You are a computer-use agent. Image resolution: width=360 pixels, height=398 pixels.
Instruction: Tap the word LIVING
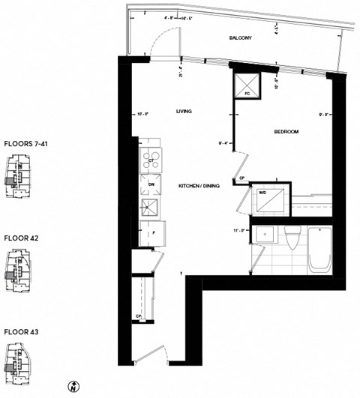(184, 111)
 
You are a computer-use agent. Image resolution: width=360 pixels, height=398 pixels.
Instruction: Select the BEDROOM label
(286, 132)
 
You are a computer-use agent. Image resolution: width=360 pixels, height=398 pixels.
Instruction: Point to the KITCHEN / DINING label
(198, 185)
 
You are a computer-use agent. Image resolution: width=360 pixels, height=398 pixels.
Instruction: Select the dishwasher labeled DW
(151, 184)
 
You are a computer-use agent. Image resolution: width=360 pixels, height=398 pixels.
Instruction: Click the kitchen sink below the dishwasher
(150, 208)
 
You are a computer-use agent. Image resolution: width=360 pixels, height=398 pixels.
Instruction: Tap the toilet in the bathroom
(292, 239)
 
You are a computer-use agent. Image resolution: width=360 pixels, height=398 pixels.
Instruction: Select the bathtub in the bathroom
(321, 250)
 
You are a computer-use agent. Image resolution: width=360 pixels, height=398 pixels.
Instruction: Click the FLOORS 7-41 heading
(27, 142)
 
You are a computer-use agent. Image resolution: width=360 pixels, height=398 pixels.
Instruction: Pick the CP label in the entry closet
(139, 316)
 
